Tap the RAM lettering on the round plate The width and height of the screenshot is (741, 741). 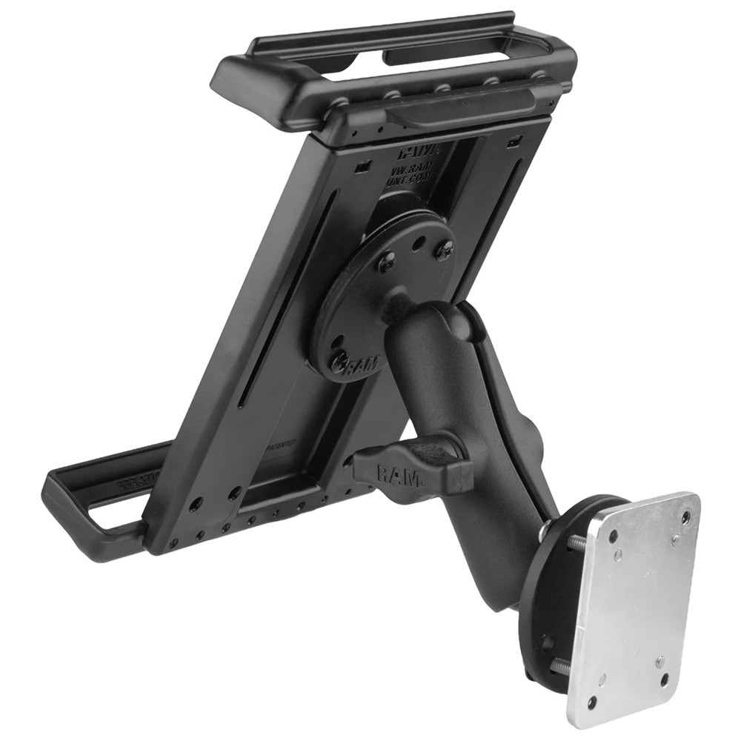click(x=365, y=364)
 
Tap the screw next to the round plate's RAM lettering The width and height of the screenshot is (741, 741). click(x=340, y=361)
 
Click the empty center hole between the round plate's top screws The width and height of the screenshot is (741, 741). click(x=419, y=242)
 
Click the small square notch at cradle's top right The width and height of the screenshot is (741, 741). click(x=515, y=141)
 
